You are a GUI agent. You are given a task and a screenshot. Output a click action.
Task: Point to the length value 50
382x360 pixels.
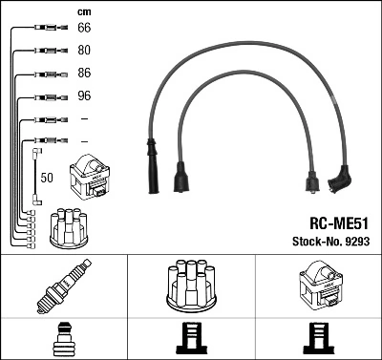click(x=48, y=177)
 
